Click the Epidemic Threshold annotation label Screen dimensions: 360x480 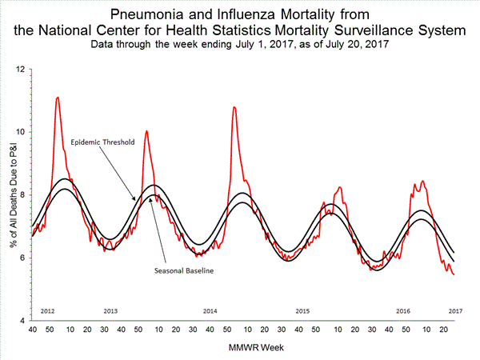[x=102, y=142]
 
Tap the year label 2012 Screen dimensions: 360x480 [x=47, y=310]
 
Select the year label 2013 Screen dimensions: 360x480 [x=112, y=310]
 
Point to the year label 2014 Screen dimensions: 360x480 [x=210, y=310]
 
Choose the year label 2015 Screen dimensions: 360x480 [x=302, y=310]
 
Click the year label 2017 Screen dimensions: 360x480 [x=455, y=310]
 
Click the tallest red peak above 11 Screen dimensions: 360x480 [x=57, y=98]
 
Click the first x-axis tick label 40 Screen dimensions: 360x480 [x=32, y=329]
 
